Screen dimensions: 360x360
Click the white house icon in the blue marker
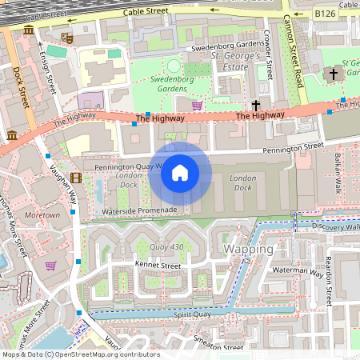(x=180, y=173)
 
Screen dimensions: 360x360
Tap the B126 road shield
(x=324, y=14)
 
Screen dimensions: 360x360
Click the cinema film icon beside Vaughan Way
(x=75, y=178)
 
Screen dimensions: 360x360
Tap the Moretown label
(x=42, y=216)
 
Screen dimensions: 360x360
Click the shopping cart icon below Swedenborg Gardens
(x=197, y=105)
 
